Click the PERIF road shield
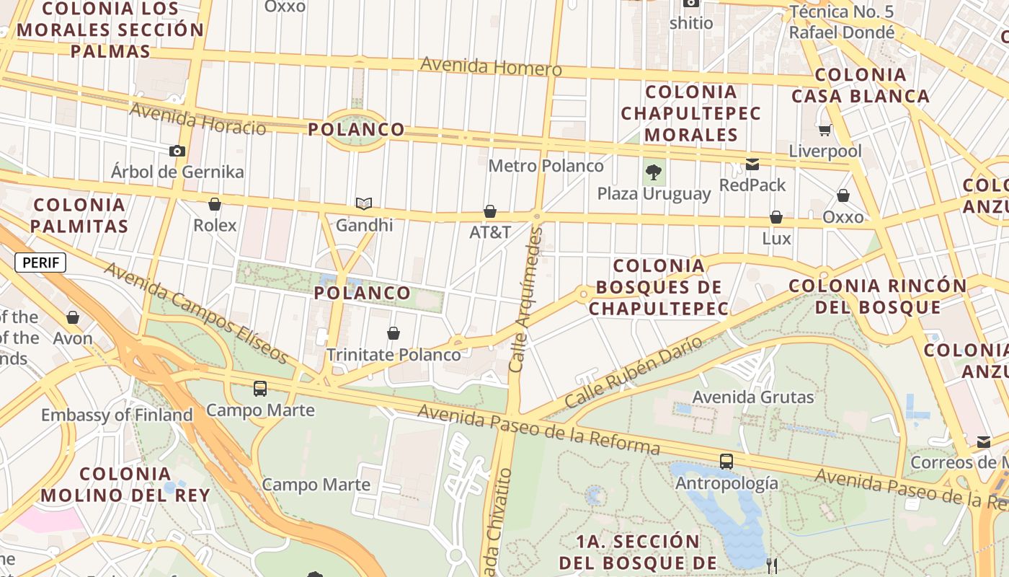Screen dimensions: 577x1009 tap(40, 263)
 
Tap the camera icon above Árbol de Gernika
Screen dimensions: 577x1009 tap(177, 151)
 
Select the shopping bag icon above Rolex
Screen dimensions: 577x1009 tap(214, 204)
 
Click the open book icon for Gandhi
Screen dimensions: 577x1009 tap(364, 204)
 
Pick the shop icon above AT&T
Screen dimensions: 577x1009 tap(490, 211)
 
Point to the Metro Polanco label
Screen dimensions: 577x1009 tap(546, 166)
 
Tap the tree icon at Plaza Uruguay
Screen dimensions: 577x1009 tap(654, 172)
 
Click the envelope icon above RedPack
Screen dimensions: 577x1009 tap(752, 164)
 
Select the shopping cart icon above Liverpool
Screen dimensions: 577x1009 tap(825, 131)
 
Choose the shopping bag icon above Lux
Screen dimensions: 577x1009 tap(776, 217)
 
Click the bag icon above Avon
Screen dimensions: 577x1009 tap(73, 317)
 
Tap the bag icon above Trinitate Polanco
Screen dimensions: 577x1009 tap(394, 333)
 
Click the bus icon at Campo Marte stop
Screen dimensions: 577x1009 tap(260, 389)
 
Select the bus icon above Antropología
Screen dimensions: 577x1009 tap(726, 462)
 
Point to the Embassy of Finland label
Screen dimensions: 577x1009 tap(117, 415)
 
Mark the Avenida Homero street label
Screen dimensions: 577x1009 tap(490, 67)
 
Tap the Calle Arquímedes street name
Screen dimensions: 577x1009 tap(525, 299)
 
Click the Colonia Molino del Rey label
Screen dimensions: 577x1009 tap(125, 485)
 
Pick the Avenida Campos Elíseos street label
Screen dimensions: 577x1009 tap(197, 314)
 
